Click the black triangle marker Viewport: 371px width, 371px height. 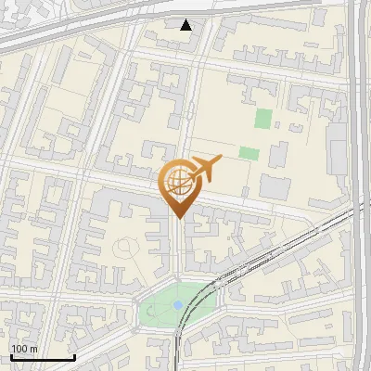[x=186, y=25]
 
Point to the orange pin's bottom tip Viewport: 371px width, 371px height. [x=176, y=219]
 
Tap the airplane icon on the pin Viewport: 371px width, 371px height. [x=204, y=169]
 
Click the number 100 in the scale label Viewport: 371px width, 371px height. [x=19, y=349]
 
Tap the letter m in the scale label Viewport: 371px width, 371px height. [x=34, y=349]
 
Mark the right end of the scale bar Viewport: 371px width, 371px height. [x=74, y=357]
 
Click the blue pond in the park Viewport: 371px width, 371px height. [x=178, y=303]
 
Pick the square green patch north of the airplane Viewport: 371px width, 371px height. [x=263, y=119]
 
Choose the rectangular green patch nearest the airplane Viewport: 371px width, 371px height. [x=249, y=153]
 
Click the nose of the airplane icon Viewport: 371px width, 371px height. [x=221, y=161]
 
